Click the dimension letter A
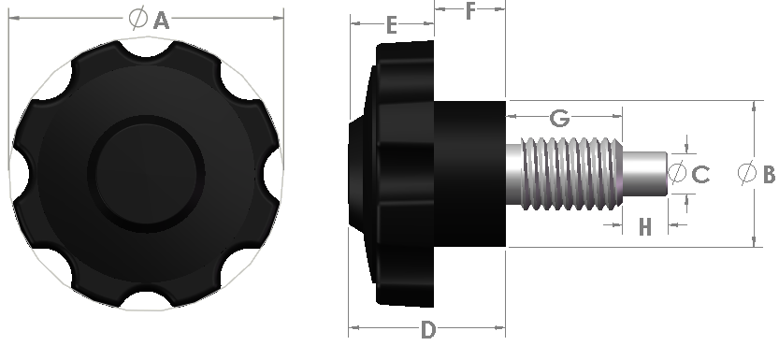pos(160,20)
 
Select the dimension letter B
pos(768,174)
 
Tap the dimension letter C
pos(700,174)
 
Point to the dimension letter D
pos(427,330)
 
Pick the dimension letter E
pos(391,25)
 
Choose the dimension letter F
pos(470,11)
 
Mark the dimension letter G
pos(560,118)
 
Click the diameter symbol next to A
pos(137,18)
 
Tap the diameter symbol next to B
pos(746,174)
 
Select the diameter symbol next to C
pos(678,174)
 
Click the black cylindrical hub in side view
pos(469,173)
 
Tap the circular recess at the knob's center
pos(146,173)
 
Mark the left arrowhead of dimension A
pos(12,17)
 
